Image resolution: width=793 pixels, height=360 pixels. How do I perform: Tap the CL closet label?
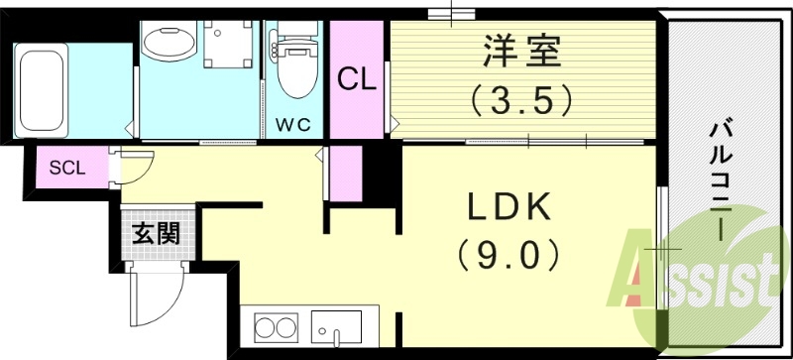357,79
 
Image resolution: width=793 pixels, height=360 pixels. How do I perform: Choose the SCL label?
67,167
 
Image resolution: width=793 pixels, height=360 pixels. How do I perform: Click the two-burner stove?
277,327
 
